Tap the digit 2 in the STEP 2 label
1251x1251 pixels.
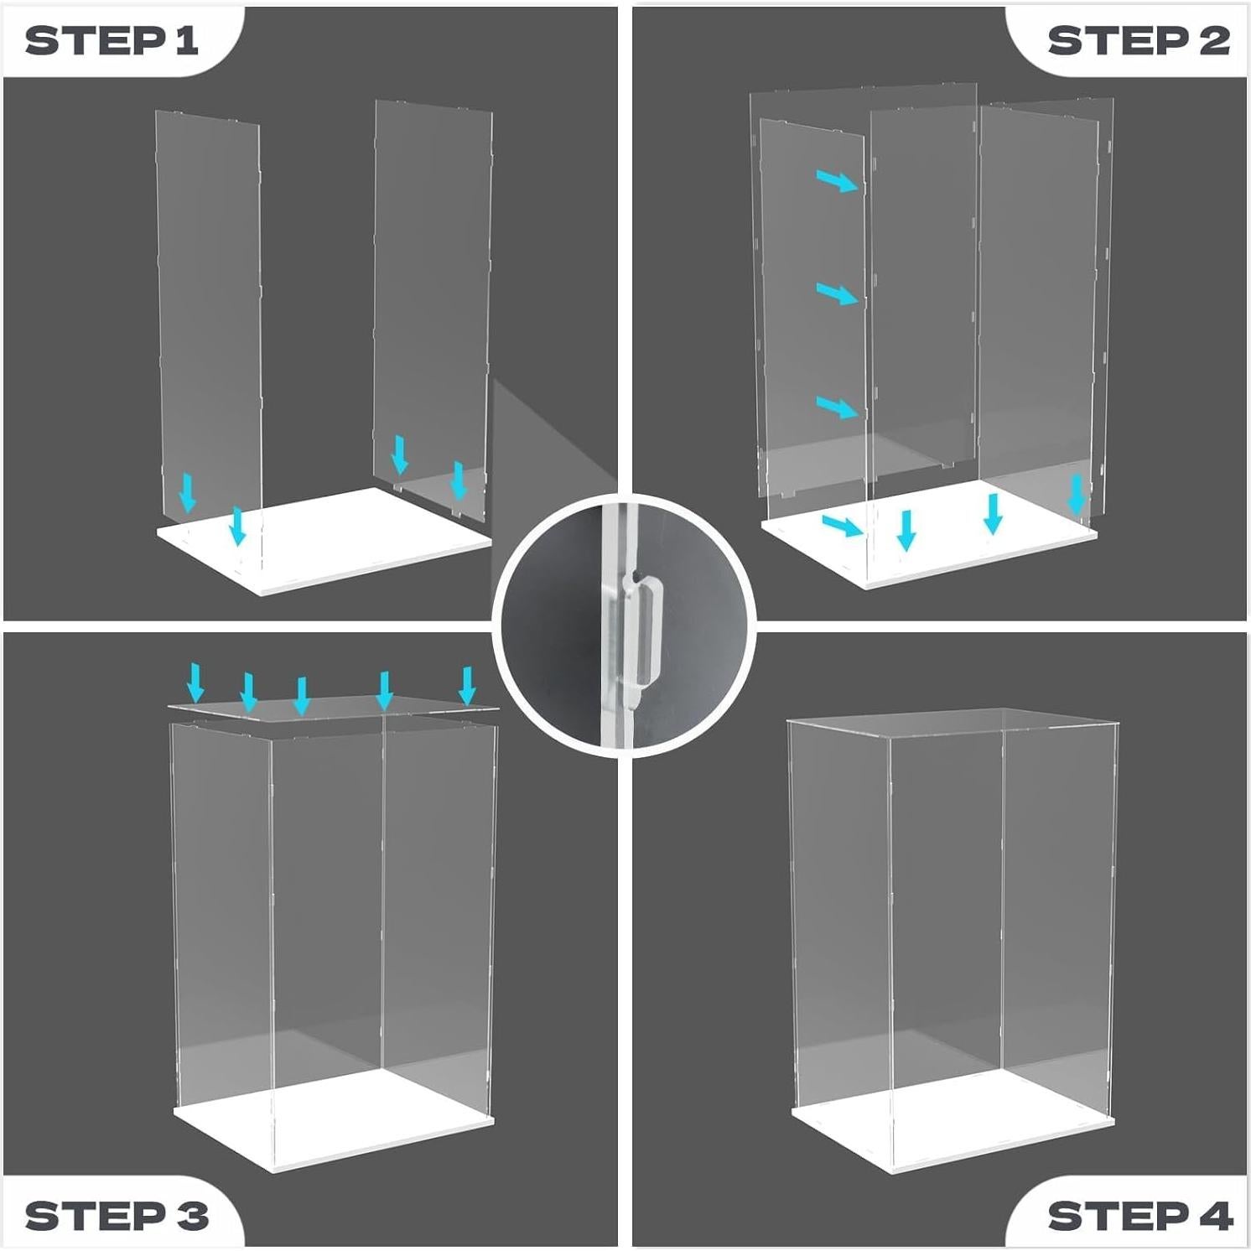coord(1213,40)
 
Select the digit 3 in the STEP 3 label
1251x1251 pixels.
coord(192,1215)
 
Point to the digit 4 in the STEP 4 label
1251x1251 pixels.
coord(1216,1215)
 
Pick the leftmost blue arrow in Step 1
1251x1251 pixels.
coord(188,492)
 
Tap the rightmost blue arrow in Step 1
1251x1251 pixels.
coord(458,480)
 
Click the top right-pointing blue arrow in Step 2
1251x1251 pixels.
coord(838,180)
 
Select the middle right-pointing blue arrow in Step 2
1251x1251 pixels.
coord(838,294)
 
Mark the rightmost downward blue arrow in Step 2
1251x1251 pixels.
coord(1077,495)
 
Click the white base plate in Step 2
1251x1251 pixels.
coord(929,533)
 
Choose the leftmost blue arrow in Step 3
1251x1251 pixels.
coord(195,683)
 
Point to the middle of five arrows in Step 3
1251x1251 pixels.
coord(303,696)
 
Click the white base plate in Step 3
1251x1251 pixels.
coord(334,1120)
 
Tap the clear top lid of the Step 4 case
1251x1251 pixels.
coord(953,723)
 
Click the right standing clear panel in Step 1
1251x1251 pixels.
coord(433,310)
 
